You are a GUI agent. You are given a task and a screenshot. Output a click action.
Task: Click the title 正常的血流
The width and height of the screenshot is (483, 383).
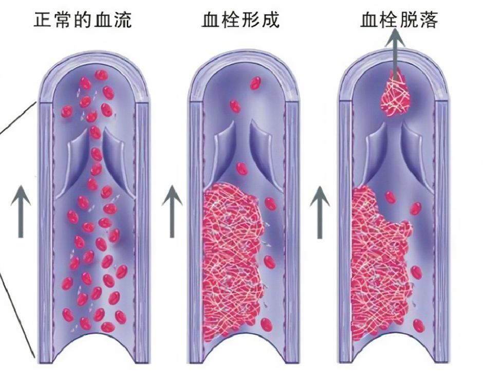[83, 20]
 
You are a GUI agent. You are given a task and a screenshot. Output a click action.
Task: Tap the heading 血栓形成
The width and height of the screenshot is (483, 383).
[240, 20]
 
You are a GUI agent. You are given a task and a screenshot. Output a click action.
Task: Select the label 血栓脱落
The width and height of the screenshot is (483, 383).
[399, 20]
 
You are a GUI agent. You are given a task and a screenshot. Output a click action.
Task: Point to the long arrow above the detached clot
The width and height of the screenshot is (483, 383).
[395, 52]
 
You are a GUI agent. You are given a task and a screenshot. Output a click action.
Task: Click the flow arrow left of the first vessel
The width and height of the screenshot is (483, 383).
[21, 211]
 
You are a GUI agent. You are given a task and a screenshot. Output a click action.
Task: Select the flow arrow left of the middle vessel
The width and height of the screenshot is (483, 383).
[172, 211]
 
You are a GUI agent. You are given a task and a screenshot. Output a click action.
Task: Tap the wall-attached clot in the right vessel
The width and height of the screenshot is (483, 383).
[380, 262]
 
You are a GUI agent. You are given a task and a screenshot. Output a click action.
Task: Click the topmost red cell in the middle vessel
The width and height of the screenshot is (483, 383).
[255, 83]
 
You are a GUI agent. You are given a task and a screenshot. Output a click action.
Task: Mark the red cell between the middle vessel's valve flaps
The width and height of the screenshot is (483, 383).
[242, 169]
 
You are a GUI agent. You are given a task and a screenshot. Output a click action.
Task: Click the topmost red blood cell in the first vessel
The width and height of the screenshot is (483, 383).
[101, 75]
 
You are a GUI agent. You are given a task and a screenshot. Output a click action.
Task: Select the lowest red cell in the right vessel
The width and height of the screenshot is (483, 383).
[419, 325]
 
